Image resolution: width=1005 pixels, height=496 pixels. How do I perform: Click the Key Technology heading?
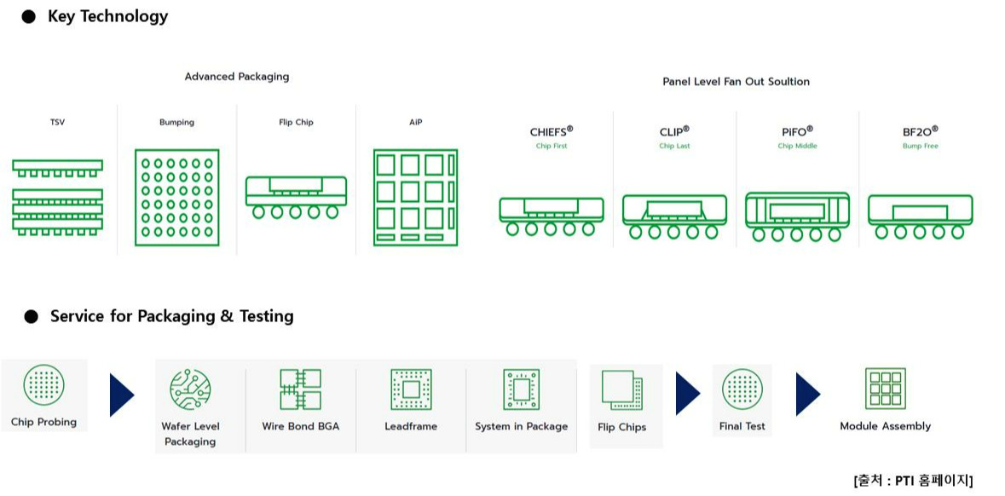(107, 16)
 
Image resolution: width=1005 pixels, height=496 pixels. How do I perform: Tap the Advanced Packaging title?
(237, 77)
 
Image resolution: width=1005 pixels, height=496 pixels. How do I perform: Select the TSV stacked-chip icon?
(57, 195)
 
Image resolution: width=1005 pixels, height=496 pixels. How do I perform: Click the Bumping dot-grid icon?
(176, 198)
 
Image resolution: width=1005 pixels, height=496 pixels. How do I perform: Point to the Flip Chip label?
(296, 123)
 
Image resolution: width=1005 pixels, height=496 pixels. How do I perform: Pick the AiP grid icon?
(415, 198)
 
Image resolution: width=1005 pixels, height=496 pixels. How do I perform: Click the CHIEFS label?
(551, 131)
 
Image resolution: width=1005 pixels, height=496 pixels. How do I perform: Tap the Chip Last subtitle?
(674, 147)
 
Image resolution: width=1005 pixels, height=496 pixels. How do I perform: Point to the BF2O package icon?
(920, 216)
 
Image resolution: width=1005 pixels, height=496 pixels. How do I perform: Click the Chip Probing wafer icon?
(43, 386)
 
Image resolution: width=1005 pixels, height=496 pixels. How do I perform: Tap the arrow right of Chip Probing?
(122, 395)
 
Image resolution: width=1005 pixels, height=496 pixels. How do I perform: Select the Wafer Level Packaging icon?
(190, 389)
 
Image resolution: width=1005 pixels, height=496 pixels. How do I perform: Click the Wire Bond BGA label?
(300, 426)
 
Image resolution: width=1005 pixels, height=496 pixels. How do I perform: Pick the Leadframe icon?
(411, 389)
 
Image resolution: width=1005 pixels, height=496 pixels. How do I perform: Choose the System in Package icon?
(521, 389)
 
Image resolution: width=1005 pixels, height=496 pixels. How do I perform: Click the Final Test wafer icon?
(742, 389)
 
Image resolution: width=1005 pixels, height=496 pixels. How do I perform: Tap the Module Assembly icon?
(885, 389)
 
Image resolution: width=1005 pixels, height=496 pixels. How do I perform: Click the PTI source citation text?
(912, 480)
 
